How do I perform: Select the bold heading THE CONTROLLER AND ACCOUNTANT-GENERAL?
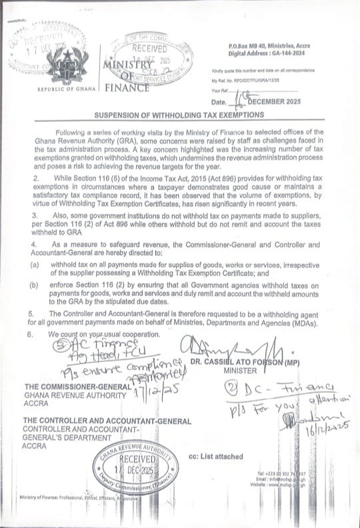click(107, 421)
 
